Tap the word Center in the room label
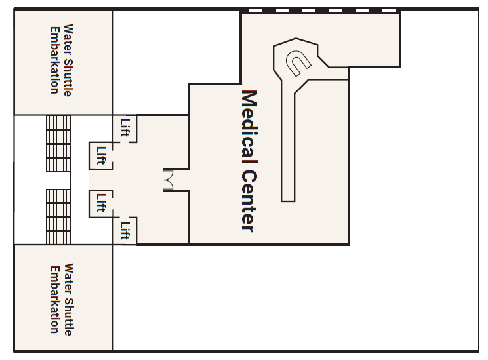click(x=249, y=201)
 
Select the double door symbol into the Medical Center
click(x=168, y=180)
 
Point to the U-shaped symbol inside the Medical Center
click(x=298, y=63)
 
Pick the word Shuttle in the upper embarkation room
click(x=68, y=77)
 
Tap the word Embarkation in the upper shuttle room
click(x=55, y=60)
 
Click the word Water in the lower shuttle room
click(x=69, y=279)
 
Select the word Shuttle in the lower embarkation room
click(x=69, y=317)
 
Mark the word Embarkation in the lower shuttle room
click(x=55, y=299)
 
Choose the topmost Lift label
click(x=125, y=128)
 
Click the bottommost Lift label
click(x=125, y=231)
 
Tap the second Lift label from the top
click(x=101, y=155)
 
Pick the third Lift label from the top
click(x=101, y=203)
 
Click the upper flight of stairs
click(x=58, y=144)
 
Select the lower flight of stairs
click(x=58, y=216)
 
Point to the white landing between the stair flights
click(x=58, y=180)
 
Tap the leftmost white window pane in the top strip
click(x=256, y=10)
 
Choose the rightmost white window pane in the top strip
click(x=389, y=10)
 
